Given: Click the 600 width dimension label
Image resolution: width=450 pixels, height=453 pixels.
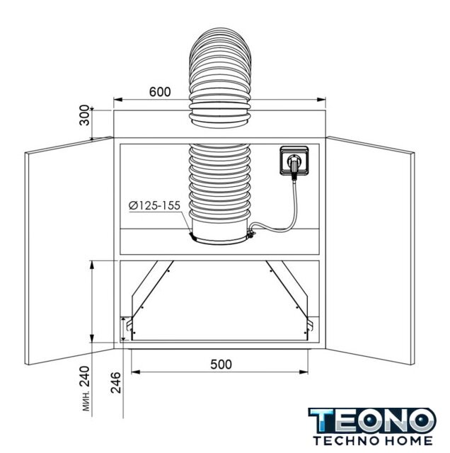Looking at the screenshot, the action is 160,92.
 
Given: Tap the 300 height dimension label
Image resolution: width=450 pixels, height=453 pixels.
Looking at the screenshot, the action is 85,115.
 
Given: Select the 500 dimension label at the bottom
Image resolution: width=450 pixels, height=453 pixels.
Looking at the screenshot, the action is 221,365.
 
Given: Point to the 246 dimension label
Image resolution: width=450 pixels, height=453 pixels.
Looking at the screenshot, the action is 116,382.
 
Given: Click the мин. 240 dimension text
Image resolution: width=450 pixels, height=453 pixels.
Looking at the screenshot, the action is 86,389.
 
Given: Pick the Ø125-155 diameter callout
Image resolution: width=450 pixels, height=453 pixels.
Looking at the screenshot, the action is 154,205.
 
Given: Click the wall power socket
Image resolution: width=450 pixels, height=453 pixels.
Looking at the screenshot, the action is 294,161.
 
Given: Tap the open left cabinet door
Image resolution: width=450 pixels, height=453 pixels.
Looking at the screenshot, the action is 69,251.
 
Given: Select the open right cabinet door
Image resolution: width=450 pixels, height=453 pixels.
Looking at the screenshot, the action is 370,251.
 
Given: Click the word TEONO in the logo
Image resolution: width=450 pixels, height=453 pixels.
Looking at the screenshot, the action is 372,421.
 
